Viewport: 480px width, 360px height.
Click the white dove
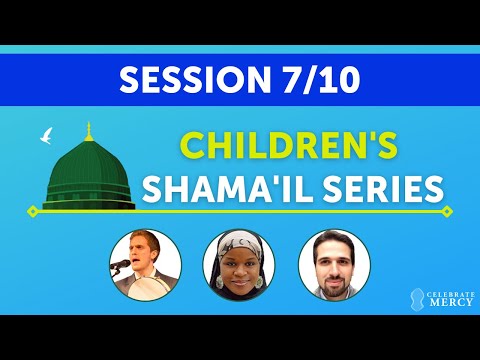[44, 135]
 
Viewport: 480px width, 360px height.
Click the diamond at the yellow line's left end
[32, 211]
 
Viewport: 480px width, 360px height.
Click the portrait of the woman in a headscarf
[238, 265]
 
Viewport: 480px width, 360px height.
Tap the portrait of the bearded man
[334, 265]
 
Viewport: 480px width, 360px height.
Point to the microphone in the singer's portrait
[124, 262]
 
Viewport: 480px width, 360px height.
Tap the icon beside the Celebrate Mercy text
[415, 298]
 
